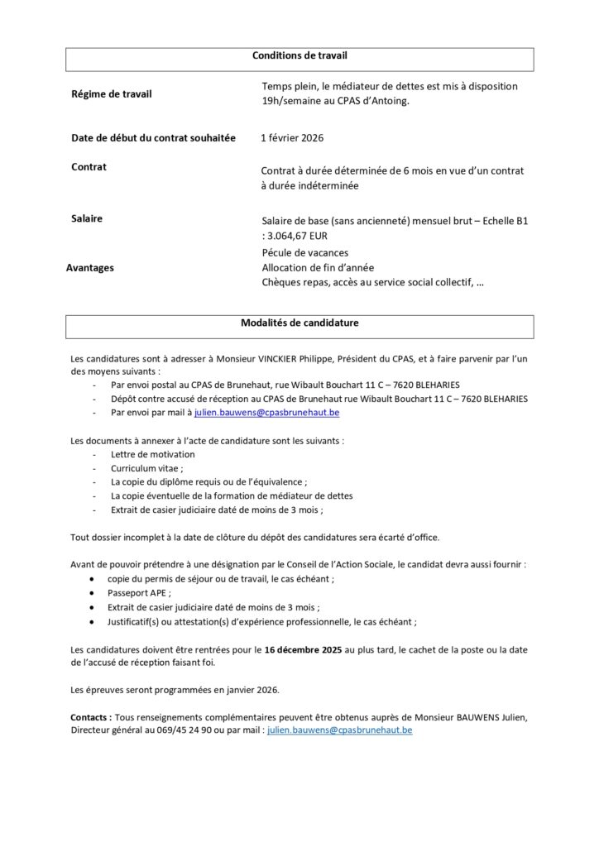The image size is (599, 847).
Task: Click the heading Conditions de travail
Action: [299, 55]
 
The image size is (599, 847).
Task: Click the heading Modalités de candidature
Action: [299, 323]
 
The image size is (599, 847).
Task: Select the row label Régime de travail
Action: [112, 94]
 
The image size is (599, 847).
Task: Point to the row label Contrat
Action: [89, 166]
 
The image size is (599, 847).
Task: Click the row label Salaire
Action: [87, 218]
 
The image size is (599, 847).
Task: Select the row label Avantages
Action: [90, 268]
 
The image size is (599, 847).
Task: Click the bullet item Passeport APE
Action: [139, 593]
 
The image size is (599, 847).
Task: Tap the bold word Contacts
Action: [90, 717]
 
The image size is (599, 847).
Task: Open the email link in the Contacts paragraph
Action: [339, 730]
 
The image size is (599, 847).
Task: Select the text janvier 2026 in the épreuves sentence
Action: [252, 689]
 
